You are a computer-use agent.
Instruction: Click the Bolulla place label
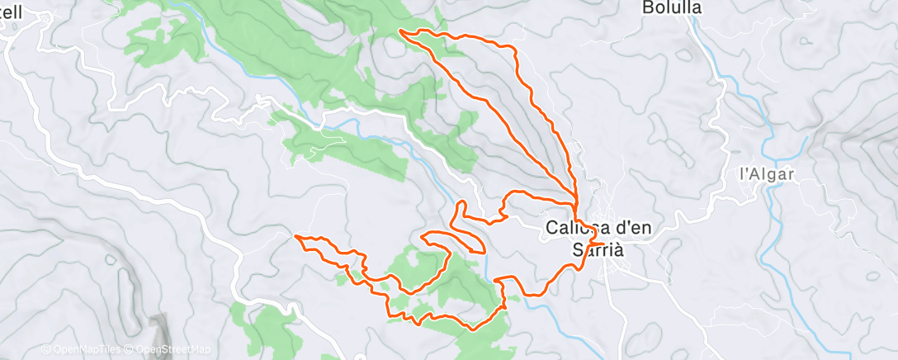click(x=671, y=7)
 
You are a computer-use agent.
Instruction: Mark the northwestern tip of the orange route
click(x=400, y=31)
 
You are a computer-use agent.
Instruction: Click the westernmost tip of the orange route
click(x=295, y=237)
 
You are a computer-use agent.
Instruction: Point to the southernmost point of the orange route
click(x=472, y=329)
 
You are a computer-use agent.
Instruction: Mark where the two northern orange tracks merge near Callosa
click(x=574, y=200)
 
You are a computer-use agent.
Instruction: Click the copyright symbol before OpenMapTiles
click(x=46, y=349)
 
